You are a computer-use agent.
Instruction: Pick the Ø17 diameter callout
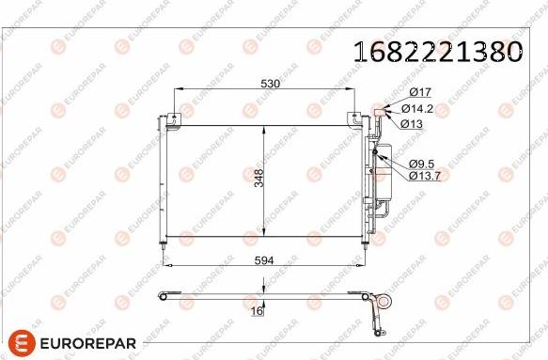[x=418, y=91]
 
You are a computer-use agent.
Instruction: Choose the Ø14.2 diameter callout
[x=423, y=107]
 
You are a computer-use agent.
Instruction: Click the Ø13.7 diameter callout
[x=423, y=175]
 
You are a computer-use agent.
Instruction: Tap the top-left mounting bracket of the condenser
[x=173, y=118]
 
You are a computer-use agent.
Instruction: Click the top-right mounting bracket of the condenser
[x=353, y=118]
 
